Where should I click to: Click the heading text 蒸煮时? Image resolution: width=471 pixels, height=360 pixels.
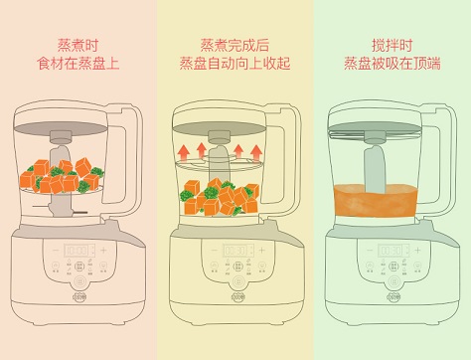(78, 46)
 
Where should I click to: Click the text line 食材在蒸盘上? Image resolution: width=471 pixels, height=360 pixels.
(78, 64)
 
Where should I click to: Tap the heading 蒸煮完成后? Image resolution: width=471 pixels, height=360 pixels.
(235, 46)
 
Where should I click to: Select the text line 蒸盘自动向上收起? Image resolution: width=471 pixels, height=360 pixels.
(235, 64)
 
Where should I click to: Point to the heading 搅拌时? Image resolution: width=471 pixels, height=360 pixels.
(392, 46)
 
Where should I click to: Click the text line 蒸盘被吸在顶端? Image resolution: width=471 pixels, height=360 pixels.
(392, 64)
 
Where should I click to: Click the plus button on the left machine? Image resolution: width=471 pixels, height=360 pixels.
(103, 251)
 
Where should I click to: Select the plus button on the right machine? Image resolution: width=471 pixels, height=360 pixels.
(417, 251)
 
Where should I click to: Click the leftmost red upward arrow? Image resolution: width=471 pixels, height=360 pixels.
(185, 152)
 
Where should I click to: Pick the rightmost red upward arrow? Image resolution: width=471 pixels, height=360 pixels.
(256, 153)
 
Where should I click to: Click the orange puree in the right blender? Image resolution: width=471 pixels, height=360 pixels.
(376, 201)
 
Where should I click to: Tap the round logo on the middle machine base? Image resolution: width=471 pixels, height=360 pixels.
(237, 297)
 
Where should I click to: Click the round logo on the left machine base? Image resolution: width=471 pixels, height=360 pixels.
(79, 297)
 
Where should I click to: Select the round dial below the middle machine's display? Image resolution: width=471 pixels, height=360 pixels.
(237, 281)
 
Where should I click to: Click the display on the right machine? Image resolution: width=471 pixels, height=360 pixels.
(393, 251)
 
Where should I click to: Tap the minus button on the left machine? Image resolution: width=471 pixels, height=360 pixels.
(56, 251)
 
